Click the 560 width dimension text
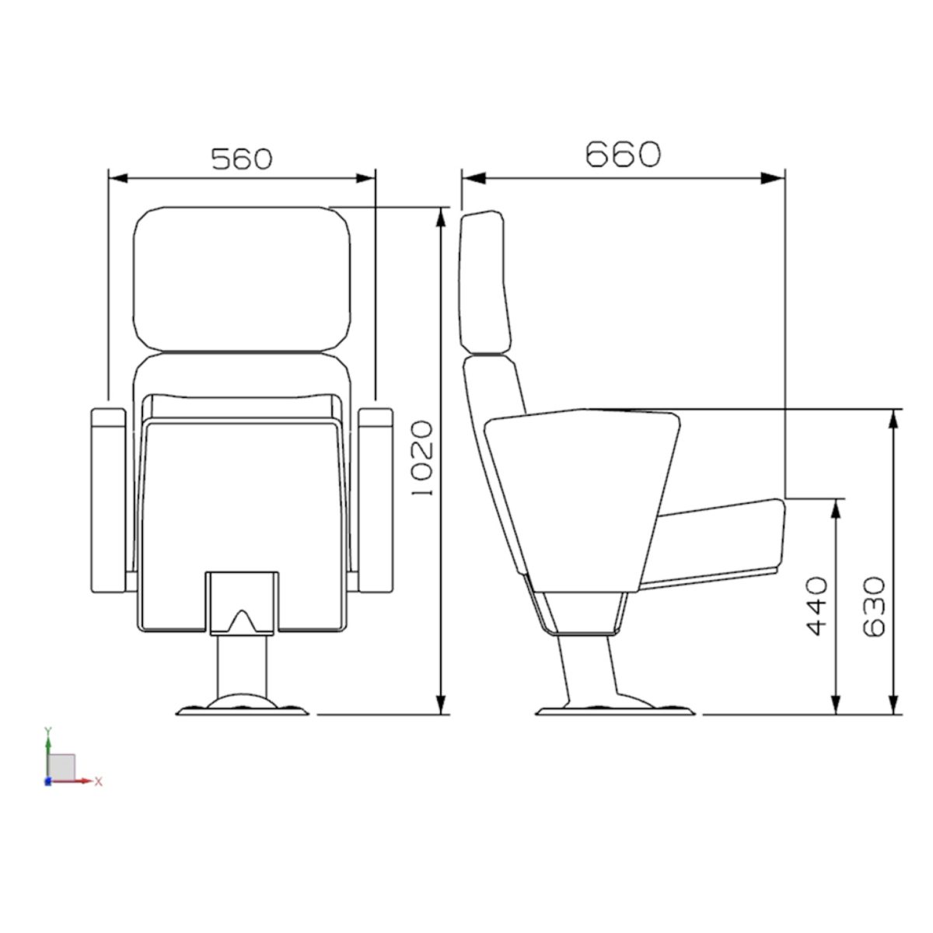pyautogui.click(x=242, y=159)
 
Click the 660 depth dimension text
pyautogui.click(x=623, y=154)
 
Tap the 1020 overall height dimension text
pyautogui.click(x=421, y=457)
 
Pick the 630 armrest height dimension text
pyautogui.click(x=874, y=606)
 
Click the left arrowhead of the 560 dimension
pyautogui.click(x=117, y=178)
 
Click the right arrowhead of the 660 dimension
pyautogui.click(x=773, y=178)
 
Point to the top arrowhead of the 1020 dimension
pyautogui.click(x=440, y=217)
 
